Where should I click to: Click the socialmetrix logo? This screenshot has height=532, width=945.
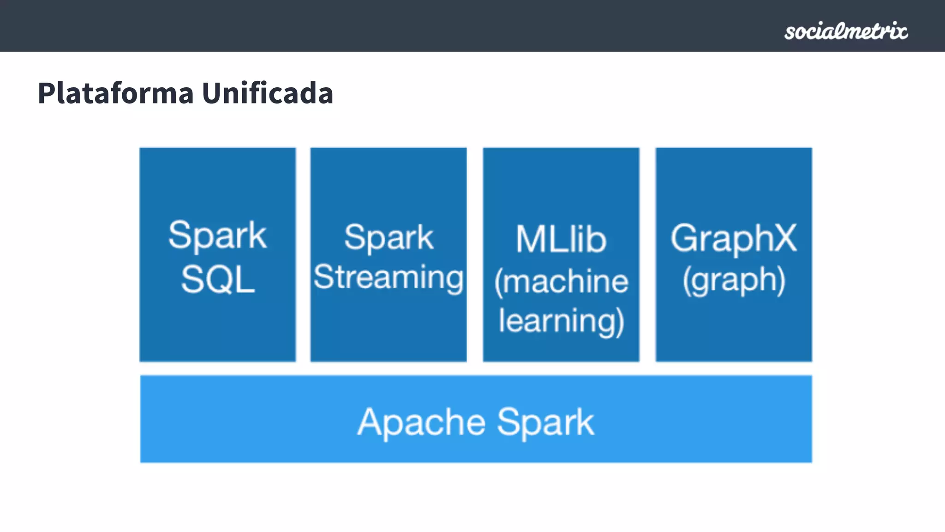click(x=846, y=31)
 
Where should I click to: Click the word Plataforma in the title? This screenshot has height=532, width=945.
click(x=115, y=93)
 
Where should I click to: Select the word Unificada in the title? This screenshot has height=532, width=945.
click(x=268, y=93)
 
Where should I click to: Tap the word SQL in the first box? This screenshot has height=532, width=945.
click(x=218, y=280)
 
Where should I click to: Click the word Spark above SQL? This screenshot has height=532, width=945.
click(x=217, y=236)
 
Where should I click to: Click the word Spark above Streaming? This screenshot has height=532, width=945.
click(x=389, y=238)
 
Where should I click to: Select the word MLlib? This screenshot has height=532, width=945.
click(x=561, y=239)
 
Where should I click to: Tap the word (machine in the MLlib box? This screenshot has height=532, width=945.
click(x=561, y=282)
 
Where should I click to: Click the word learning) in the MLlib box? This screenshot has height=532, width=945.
click(x=561, y=321)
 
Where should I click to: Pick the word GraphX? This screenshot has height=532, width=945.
click(x=734, y=238)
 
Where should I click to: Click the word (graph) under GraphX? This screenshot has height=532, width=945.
click(x=734, y=281)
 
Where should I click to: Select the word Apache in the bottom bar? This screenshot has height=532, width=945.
click(x=421, y=422)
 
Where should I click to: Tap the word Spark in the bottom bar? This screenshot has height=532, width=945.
click(x=545, y=422)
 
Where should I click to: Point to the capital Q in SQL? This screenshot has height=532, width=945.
click(x=219, y=280)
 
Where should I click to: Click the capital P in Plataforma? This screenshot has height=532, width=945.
click(x=46, y=93)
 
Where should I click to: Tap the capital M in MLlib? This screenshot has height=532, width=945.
click(x=530, y=239)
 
